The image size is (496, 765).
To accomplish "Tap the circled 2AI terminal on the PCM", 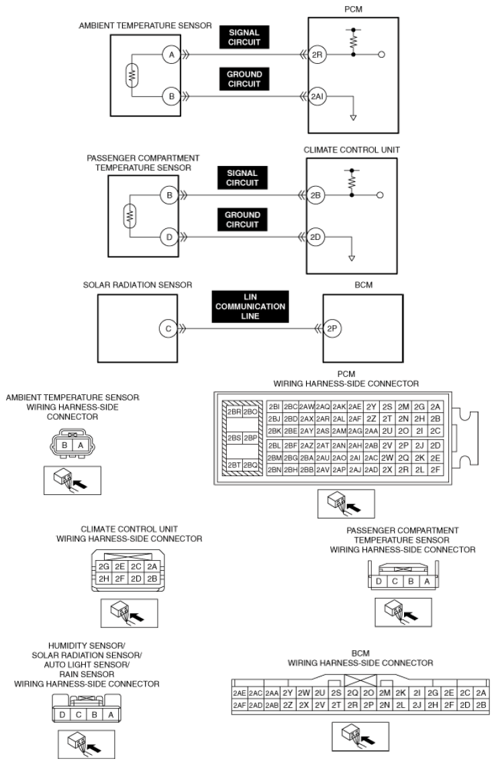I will (x=317, y=96).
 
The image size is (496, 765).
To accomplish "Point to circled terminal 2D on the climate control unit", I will (x=317, y=237).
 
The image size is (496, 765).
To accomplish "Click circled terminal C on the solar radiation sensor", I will (x=169, y=329).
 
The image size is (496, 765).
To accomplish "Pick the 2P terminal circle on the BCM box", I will (x=331, y=329).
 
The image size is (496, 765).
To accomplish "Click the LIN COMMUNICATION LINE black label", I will (x=250, y=307).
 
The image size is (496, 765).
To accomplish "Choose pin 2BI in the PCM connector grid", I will (x=274, y=407).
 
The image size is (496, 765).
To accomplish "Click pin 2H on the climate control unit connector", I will (x=104, y=578).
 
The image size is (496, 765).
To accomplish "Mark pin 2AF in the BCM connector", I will (x=239, y=705).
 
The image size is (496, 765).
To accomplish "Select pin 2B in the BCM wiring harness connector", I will (x=480, y=705).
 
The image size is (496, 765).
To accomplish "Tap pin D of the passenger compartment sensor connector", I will (x=379, y=582).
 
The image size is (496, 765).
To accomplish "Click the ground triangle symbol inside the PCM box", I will (x=354, y=117).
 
